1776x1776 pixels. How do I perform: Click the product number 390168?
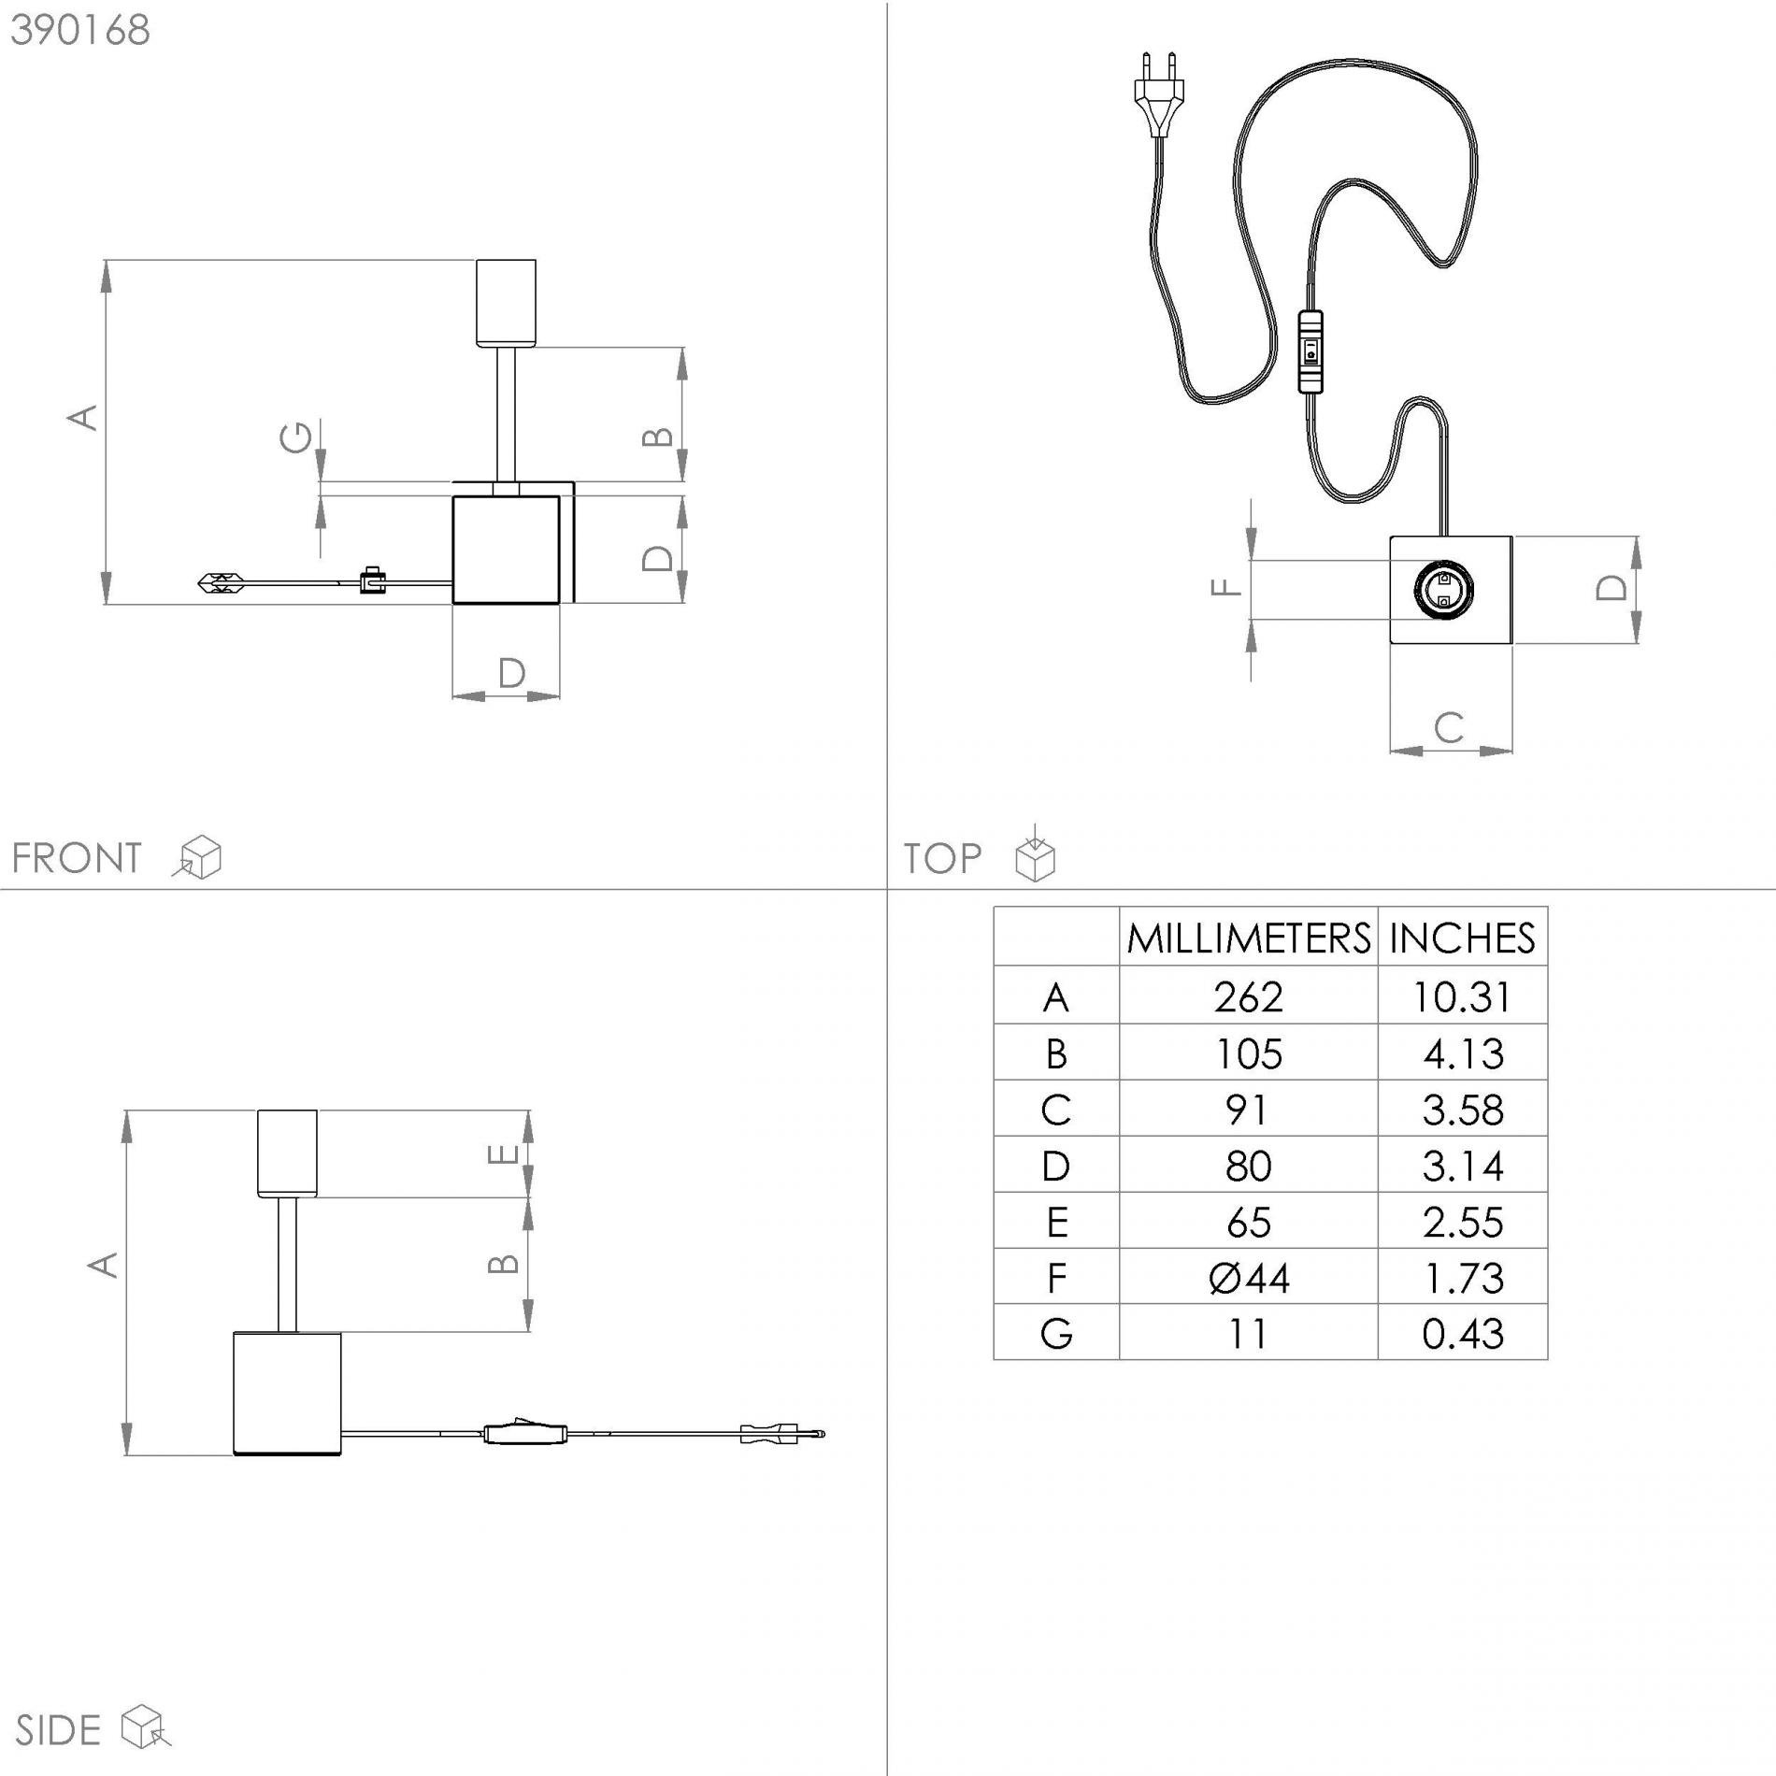pos(80,30)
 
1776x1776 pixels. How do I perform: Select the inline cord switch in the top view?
pos(1311,351)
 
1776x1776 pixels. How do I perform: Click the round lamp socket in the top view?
pos(1443,590)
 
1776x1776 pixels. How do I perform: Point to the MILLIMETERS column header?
pos(1249,938)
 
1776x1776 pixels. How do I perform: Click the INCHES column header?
pos(1462,938)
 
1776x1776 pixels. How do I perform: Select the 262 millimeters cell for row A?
pos(1249,997)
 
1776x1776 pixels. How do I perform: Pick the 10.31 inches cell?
pos(1462,997)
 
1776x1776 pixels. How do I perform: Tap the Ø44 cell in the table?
pos(1249,1278)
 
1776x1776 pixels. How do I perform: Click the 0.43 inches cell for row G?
pos(1463,1334)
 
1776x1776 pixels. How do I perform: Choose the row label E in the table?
pos(1056,1223)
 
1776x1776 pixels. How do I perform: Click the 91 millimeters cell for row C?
pos(1247,1110)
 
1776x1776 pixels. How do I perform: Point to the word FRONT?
pos(77,858)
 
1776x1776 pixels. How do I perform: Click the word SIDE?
pos(58,1731)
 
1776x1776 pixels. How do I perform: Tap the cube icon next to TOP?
pos(1035,854)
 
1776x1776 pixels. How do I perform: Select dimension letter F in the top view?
pos(1225,587)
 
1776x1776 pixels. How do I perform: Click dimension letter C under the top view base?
pos(1449,727)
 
